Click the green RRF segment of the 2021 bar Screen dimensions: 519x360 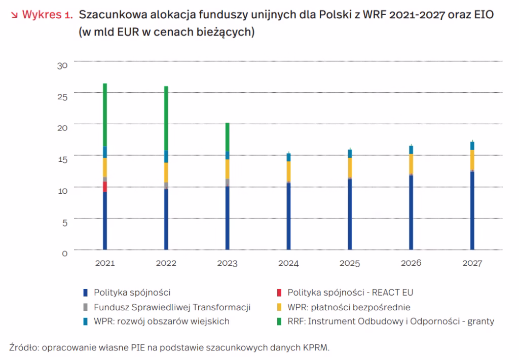105,115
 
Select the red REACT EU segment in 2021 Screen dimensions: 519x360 105,187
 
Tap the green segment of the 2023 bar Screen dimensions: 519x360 228,137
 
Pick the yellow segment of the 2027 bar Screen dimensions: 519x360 472,160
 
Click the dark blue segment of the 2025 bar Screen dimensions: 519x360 350,214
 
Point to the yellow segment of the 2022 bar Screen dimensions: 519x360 166,172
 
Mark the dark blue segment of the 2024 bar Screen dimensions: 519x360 288,217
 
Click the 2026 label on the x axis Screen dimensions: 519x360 411,263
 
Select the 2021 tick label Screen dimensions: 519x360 105,263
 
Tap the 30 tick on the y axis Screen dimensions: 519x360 62,65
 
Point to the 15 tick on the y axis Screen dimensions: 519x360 62,160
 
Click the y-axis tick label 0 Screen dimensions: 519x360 64,254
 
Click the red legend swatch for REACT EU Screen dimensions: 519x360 279,293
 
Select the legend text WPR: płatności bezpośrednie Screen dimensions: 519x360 349,307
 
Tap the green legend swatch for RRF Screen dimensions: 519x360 279,321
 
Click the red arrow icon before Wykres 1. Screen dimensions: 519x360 14,15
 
